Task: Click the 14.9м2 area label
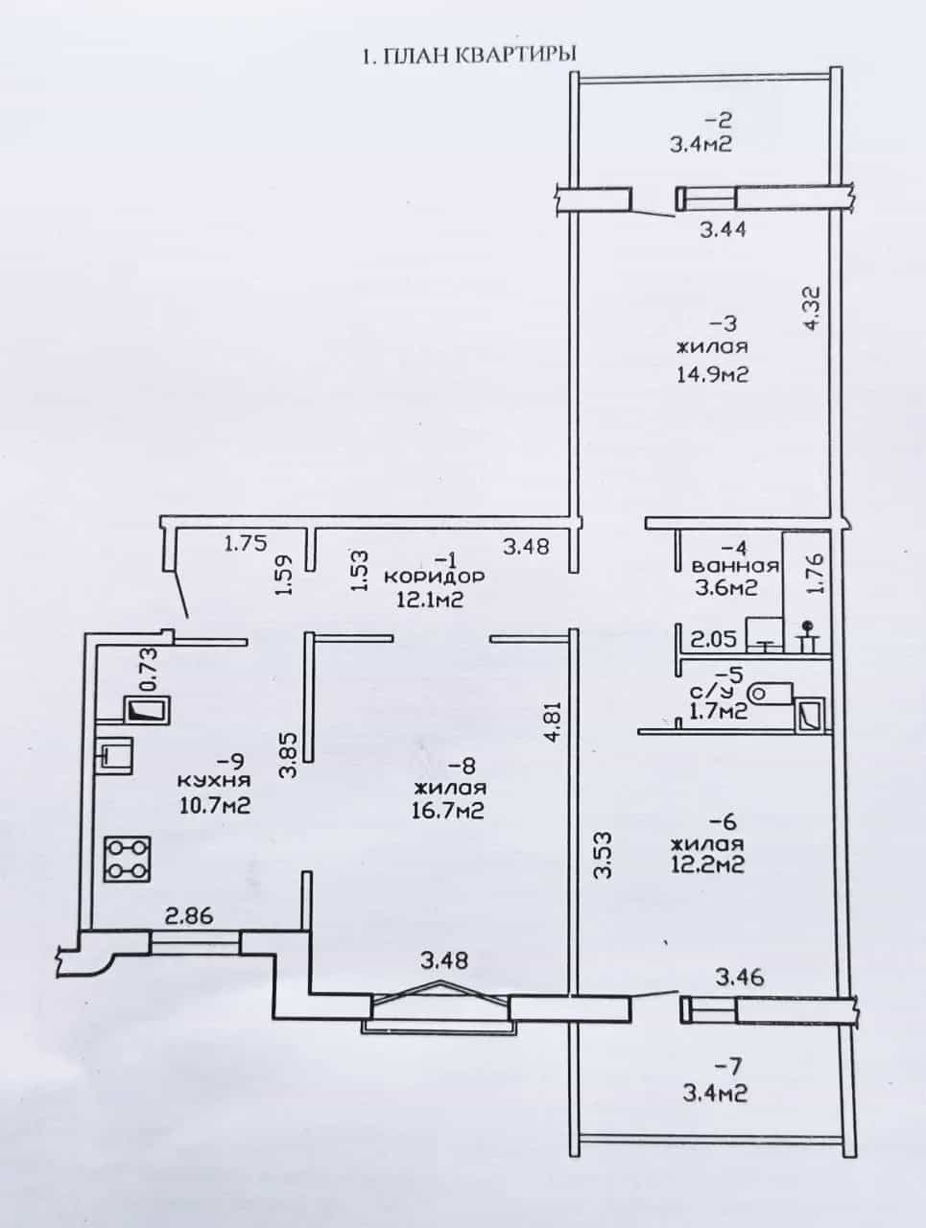[x=713, y=375]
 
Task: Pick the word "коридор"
[x=434, y=577]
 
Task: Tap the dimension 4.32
[x=812, y=308]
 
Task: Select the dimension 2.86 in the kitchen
[x=189, y=917]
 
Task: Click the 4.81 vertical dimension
[x=553, y=719]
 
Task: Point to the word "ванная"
[x=735, y=566]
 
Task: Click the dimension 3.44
[x=724, y=230]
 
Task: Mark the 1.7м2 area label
[x=719, y=711]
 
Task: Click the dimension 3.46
[x=740, y=979]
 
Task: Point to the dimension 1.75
[x=247, y=543]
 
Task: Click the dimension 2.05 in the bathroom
[x=713, y=638]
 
